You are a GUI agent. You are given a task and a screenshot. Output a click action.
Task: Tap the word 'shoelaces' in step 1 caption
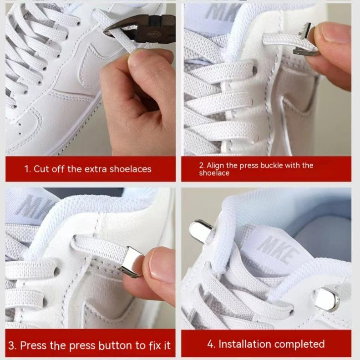click(x=131, y=169)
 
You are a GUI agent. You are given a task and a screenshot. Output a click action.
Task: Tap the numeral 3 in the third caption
click(x=11, y=345)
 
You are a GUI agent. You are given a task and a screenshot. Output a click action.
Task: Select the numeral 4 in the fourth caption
click(x=210, y=344)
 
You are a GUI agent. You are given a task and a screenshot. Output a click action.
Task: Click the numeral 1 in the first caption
click(x=27, y=169)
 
